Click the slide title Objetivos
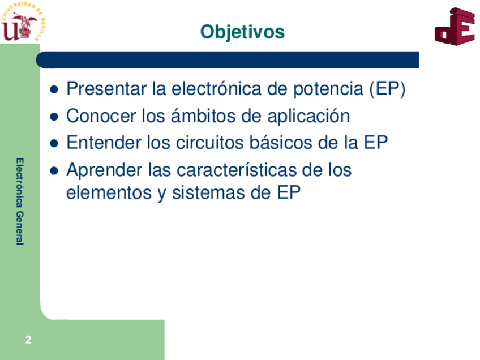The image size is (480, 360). click(x=242, y=32)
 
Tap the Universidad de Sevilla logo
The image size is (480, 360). click(x=23, y=22)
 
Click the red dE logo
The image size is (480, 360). click(x=455, y=27)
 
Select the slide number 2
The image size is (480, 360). click(x=28, y=340)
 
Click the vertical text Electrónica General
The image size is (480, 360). click(x=20, y=202)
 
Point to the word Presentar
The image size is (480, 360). click(x=106, y=88)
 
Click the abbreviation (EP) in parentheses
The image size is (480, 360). click(x=387, y=89)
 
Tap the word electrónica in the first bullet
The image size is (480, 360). click(x=217, y=88)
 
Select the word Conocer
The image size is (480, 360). click(x=101, y=116)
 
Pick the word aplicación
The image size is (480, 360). click(x=308, y=117)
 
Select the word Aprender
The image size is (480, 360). click(x=104, y=170)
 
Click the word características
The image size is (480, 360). click(x=237, y=170)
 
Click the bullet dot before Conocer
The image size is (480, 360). click(x=54, y=117)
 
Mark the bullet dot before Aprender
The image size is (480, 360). click(x=54, y=170)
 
